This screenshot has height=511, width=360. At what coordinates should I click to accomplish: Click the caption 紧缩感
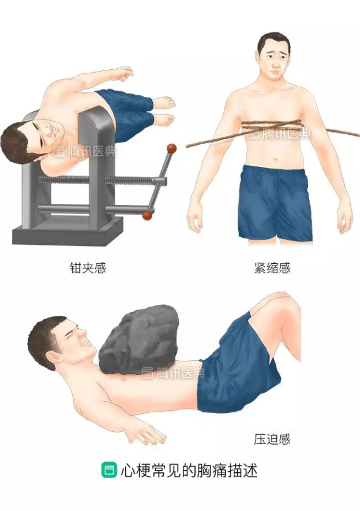272,268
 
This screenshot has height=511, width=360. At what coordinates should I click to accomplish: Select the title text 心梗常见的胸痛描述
189,470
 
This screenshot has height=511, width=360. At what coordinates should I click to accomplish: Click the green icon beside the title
108,470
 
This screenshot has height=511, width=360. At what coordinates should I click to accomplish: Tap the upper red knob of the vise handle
171,148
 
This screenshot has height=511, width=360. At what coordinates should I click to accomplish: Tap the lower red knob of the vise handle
148,215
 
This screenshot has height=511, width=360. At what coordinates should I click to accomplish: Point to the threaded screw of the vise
98,180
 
